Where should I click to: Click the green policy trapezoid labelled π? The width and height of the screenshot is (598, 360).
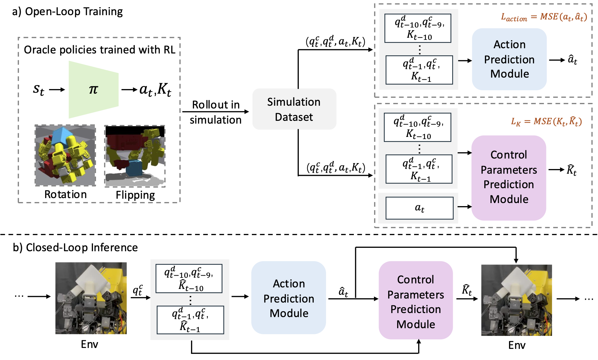pos(93,90)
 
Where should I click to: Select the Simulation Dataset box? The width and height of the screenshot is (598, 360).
pos(294,109)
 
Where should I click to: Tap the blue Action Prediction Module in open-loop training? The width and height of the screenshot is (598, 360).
pos(509,59)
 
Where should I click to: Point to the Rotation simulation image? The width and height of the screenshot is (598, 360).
pos(65,155)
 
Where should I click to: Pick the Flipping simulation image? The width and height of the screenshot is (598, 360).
pos(135,156)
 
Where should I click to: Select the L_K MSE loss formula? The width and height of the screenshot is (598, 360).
pos(546,121)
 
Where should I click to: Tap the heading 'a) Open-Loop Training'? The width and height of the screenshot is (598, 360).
pos(67,11)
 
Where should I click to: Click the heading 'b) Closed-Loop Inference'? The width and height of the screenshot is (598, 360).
pos(75,248)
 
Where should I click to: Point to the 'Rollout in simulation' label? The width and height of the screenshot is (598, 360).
pos(215,112)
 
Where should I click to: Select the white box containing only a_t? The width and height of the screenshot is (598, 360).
pos(419,208)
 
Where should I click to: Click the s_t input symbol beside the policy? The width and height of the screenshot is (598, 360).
pos(39,90)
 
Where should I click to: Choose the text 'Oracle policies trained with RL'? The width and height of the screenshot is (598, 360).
pos(99,50)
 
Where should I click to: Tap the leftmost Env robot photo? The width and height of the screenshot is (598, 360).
pos(91,298)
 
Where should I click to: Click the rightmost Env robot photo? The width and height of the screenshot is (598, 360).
pos(516,300)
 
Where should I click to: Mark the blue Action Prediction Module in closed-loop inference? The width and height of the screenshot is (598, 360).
pos(289,298)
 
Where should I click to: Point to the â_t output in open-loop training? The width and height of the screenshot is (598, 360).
pos(573,60)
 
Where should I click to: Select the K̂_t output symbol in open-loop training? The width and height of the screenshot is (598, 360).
pos(571,170)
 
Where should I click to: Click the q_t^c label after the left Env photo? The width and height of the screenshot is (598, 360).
pos(138,290)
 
